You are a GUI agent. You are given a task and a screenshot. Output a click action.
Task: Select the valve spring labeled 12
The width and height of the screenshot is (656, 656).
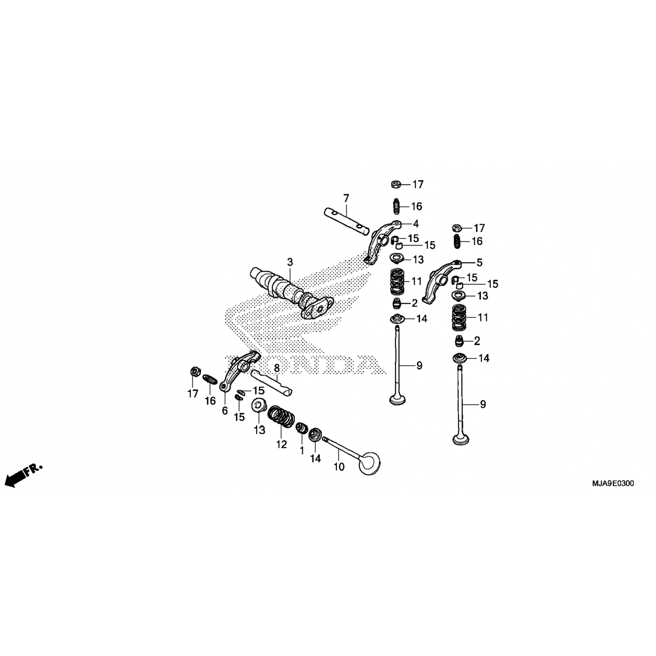point(282,417)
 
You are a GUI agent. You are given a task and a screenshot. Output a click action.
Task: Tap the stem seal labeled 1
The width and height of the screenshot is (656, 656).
point(301,428)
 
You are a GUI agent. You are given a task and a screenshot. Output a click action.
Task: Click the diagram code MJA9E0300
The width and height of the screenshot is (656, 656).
point(613,484)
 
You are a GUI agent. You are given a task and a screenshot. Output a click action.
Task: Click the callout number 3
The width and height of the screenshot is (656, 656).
point(290,262)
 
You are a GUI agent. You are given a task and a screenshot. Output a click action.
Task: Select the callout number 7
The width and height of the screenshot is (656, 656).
point(346,198)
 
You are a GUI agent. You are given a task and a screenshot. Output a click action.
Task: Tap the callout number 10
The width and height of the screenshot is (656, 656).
point(339,467)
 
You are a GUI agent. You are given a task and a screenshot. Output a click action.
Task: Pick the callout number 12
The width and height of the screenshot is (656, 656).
point(281,444)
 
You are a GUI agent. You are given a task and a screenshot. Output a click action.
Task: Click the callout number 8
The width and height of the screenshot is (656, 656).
point(276,369)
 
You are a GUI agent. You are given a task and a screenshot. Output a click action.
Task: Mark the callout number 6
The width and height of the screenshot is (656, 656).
point(225,411)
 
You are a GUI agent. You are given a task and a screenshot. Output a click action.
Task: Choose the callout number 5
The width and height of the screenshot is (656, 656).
point(479,263)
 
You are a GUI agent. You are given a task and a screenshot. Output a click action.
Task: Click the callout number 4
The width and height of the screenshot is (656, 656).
point(416,224)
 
